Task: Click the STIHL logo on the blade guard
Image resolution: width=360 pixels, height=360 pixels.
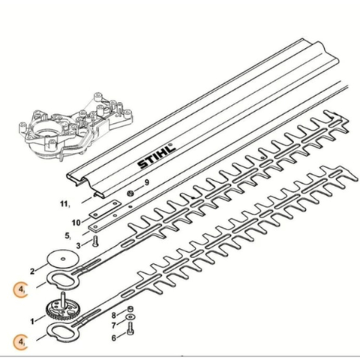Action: point(157,156)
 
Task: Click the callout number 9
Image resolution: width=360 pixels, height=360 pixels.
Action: point(147,182)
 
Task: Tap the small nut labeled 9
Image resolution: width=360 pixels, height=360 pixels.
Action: point(130,193)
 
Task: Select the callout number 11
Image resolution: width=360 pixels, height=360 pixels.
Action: point(64,204)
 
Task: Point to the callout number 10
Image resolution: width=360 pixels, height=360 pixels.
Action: point(76,223)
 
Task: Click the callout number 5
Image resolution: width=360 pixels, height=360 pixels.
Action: point(67,235)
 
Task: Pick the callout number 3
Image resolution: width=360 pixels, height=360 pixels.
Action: point(78,245)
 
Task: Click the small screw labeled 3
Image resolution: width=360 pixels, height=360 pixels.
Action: point(95,241)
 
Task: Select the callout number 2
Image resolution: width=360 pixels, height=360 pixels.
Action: point(32,271)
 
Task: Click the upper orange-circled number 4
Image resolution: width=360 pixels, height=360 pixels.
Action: point(21,290)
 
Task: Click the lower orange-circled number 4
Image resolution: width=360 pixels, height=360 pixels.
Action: point(21,342)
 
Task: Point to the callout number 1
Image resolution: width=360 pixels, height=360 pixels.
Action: point(32,321)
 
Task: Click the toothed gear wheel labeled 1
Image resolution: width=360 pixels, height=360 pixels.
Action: point(61,310)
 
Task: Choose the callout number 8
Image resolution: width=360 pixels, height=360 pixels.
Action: point(114,316)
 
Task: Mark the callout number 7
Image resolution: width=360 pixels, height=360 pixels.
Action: point(114,325)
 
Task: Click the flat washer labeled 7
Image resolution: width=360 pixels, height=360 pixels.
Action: point(130,317)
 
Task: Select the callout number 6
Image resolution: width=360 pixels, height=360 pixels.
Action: point(114,338)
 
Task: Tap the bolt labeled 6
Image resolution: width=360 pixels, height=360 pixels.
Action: point(130,328)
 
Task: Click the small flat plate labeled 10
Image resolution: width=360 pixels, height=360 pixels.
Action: point(105,209)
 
